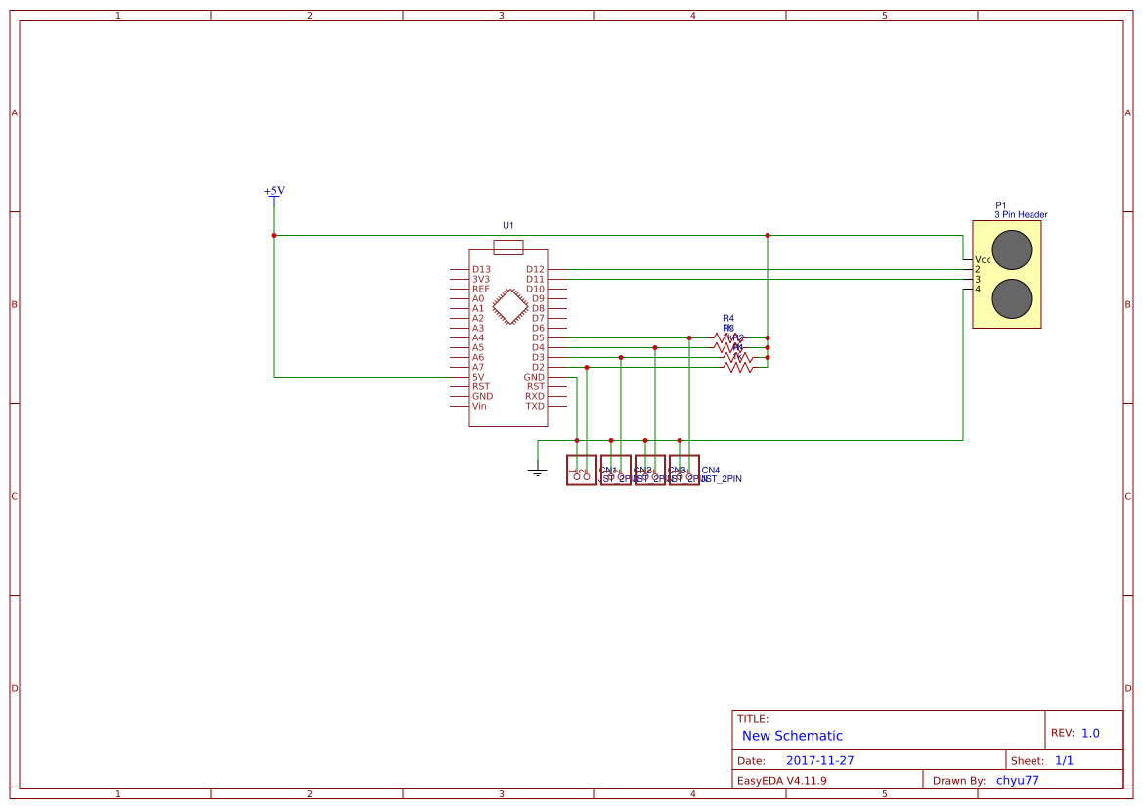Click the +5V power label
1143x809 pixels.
[274, 191]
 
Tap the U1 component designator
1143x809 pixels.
[508, 225]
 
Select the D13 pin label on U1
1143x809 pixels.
[481, 269]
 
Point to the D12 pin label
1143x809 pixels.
[535, 269]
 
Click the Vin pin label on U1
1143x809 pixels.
[479, 406]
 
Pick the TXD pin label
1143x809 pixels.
[535, 406]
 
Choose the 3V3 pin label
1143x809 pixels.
[481, 279]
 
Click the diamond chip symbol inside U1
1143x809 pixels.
[509, 306]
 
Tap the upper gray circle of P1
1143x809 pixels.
[1012, 247]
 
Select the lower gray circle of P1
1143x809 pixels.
[1012, 298]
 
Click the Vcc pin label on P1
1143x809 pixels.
[983, 259]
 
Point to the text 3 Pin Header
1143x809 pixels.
[1021, 214]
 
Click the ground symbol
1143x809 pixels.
[537, 472]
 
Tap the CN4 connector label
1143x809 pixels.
[711, 471]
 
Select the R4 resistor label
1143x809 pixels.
[728, 318]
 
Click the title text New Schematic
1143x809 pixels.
[792, 736]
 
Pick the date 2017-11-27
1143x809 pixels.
[819, 760]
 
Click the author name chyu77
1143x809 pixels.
[1017, 781]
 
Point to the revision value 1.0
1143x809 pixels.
[1090, 733]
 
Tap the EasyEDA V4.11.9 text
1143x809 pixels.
[781, 781]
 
